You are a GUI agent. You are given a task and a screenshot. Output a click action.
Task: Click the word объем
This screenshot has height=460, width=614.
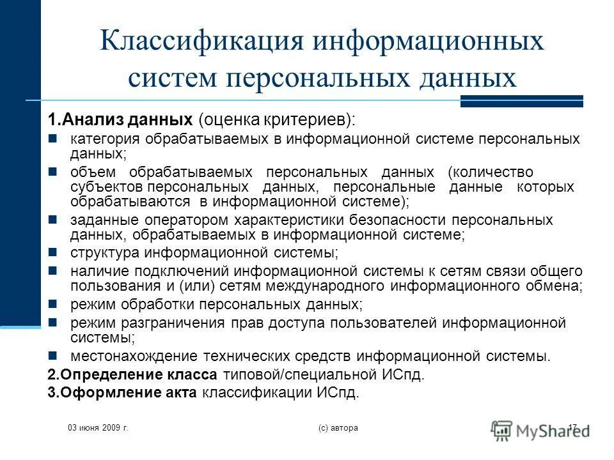coord(93,172)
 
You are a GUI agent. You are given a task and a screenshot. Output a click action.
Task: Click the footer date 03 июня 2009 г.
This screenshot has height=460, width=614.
coord(98,427)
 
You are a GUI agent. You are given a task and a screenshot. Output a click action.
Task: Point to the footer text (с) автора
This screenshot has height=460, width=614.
coord(337,427)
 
